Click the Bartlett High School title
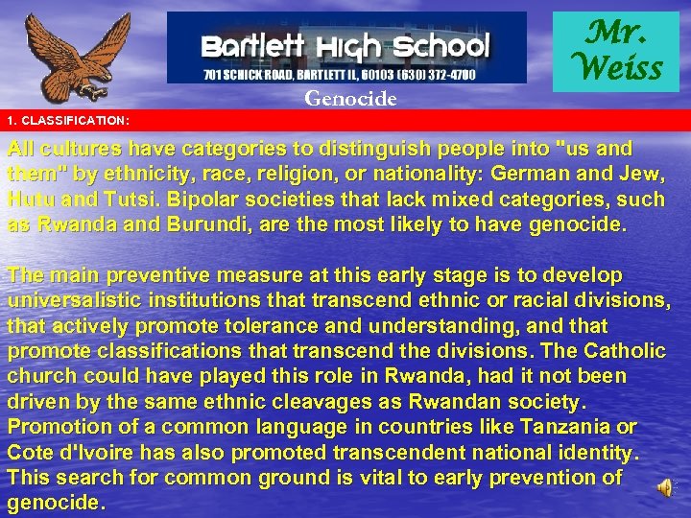(x=345, y=44)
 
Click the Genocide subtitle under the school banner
(x=350, y=97)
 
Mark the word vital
(x=368, y=476)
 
